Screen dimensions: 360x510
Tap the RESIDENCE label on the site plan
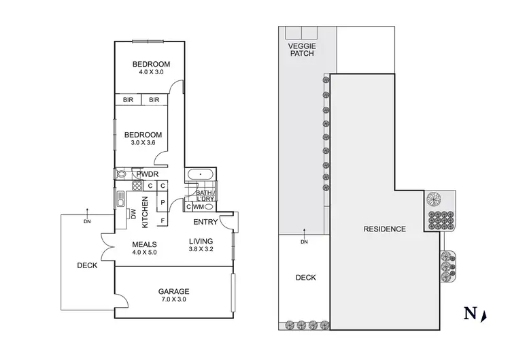coord(384,229)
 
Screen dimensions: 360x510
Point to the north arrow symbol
coord(483,314)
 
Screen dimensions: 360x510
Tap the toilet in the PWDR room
coord(122,174)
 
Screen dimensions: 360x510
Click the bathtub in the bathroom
coord(200,175)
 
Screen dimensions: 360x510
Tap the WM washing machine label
coord(199,206)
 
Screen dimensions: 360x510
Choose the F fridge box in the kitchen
coord(163,220)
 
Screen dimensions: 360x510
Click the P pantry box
coord(163,202)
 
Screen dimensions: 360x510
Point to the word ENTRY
coord(205,223)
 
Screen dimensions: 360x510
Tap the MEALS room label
coord(145,244)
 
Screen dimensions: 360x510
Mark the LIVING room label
coord(201,241)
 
